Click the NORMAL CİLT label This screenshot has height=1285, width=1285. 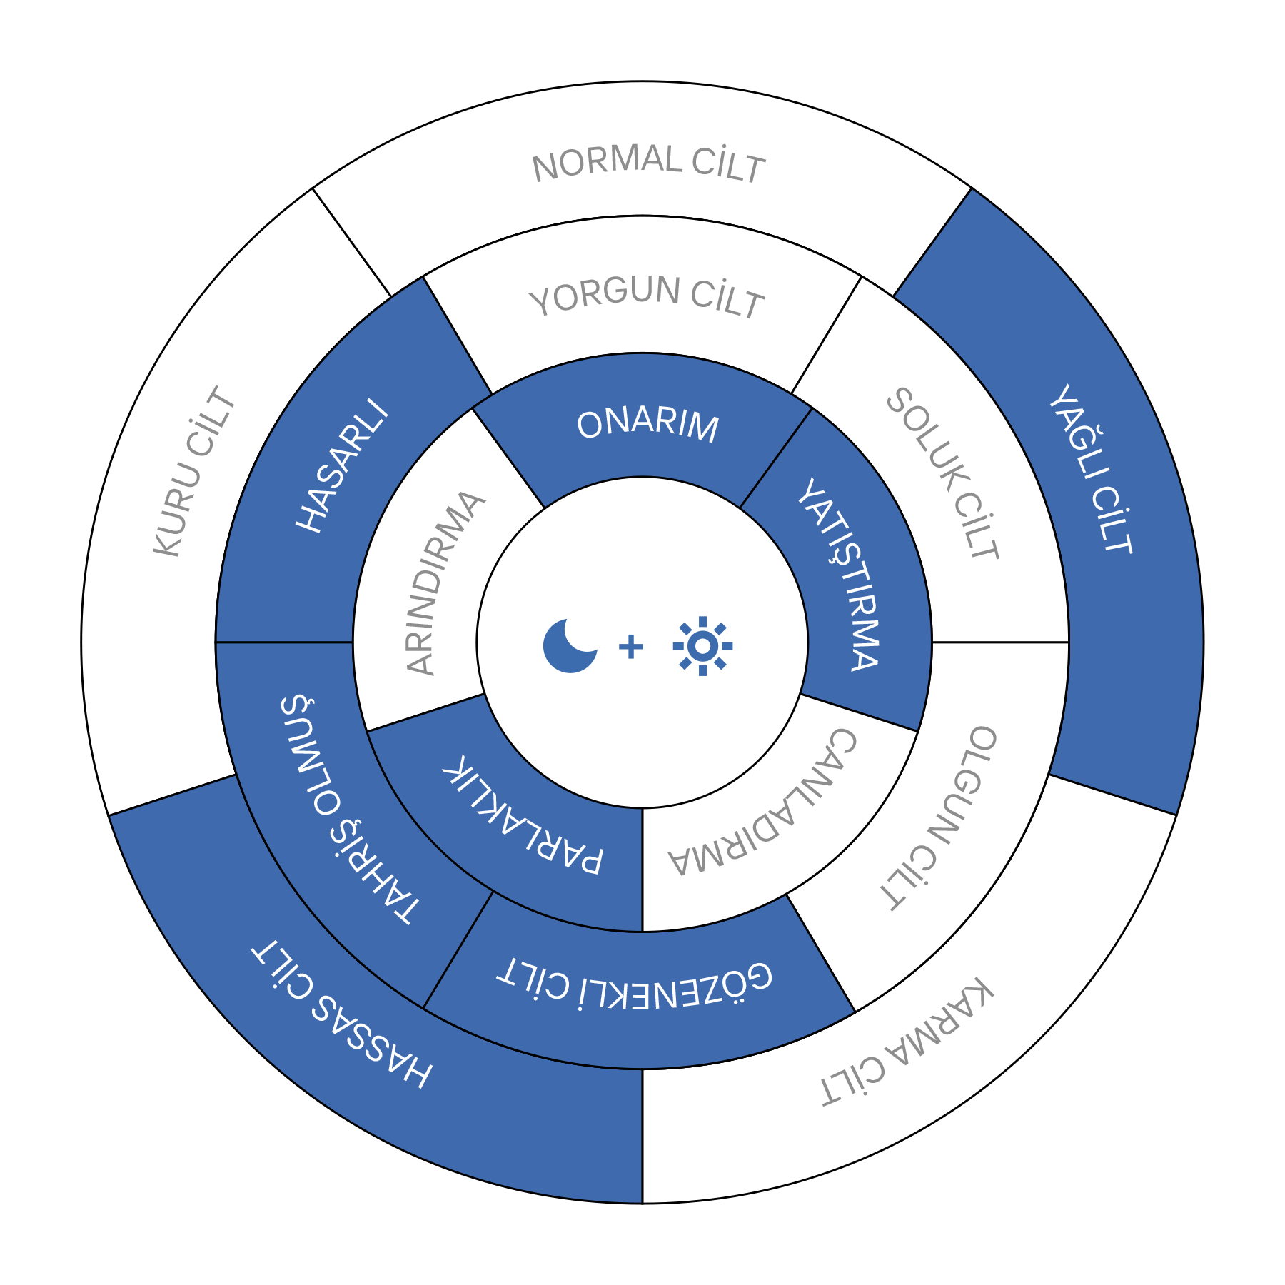[x=648, y=163]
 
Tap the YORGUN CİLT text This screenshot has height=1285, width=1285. [x=647, y=296]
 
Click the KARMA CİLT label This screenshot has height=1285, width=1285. [x=907, y=1042]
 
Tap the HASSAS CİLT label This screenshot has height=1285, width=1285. [x=342, y=1014]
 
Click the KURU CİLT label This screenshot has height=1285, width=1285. [x=195, y=471]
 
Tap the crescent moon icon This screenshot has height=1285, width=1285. [x=569, y=646]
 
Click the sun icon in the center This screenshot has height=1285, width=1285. [x=702, y=646]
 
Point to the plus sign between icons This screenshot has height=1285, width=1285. [x=631, y=647]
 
